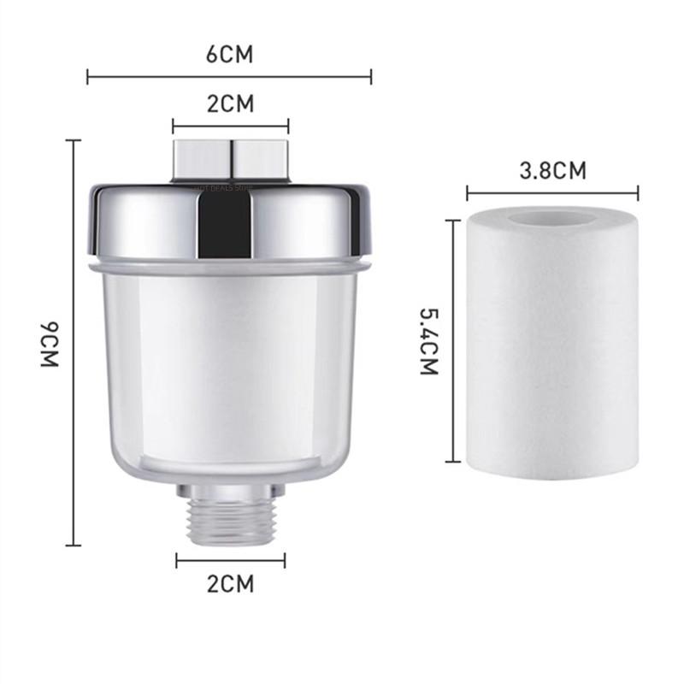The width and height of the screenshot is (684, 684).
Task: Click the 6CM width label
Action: click(229, 56)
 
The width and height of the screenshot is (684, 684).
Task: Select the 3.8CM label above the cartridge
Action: click(553, 170)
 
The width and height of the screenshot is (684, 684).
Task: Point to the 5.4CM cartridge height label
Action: click(428, 342)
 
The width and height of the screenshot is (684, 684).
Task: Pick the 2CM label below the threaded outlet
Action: click(231, 585)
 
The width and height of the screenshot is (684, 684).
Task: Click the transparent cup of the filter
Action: click(231, 368)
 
